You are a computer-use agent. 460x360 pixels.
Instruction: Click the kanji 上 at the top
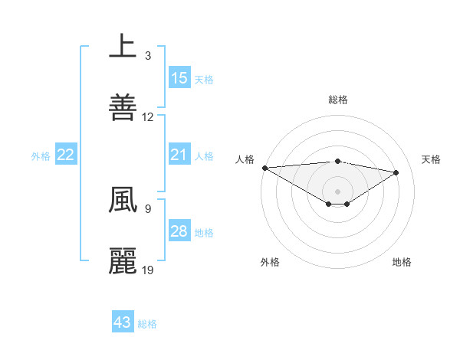[x=123, y=46]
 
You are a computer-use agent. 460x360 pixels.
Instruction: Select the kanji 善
[x=123, y=107]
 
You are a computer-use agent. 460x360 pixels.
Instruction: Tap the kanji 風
[x=123, y=200]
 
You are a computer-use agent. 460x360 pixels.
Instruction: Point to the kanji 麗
[x=123, y=261]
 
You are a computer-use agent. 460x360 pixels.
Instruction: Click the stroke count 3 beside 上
[x=148, y=55]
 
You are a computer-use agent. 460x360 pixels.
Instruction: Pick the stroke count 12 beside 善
[x=148, y=117]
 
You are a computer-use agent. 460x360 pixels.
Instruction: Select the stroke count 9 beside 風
[x=148, y=208]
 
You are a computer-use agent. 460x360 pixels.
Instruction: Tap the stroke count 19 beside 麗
[x=148, y=270]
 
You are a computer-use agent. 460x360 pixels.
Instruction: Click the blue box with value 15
[x=179, y=77]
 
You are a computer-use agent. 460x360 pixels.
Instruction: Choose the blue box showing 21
[x=179, y=155]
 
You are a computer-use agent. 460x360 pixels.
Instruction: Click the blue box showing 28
[x=179, y=231]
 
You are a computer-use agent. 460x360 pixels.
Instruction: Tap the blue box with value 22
[x=66, y=155]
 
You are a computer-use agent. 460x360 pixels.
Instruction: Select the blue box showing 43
[x=123, y=322]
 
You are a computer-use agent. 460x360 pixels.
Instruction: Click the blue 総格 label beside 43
[x=148, y=324]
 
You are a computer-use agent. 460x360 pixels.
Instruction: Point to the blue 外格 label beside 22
[x=41, y=156]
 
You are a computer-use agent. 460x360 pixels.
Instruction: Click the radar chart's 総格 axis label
[x=338, y=100]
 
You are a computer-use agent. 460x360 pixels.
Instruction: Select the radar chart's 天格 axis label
[x=432, y=159]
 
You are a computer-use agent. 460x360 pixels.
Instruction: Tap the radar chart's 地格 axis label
[x=402, y=262]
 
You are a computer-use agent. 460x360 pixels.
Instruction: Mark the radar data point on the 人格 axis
[x=264, y=168]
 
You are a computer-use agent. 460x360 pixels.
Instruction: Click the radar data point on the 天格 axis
[x=396, y=172]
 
